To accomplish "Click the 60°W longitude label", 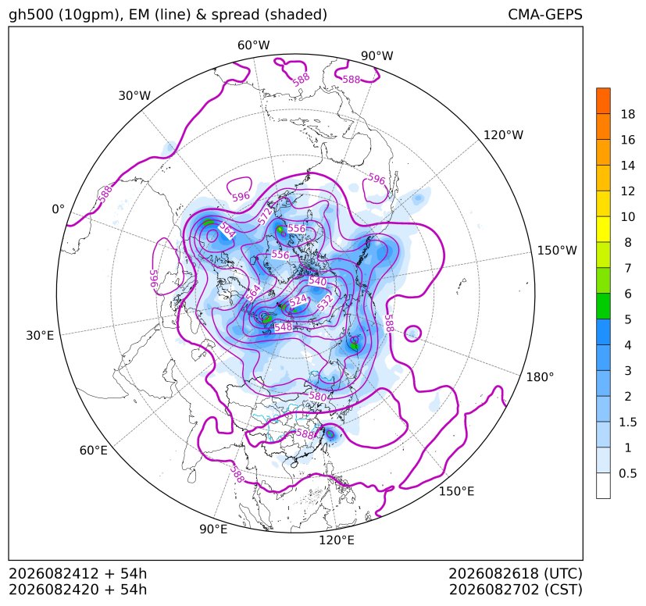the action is (x=253, y=45).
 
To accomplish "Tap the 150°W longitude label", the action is (x=557, y=251).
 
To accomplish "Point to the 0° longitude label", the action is (x=58, y=209).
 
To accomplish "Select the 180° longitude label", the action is (x=540, y=377).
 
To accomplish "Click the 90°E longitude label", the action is (x=213, y=529).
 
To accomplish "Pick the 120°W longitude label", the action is (x=503, y=135).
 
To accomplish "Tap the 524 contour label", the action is (x=298, y=301).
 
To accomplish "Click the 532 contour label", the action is (x=325, y=303).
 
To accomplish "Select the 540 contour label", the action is (x=318, y=281).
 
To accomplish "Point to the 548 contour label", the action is (x=284, y=327).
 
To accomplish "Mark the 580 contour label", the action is (x=318, y=397).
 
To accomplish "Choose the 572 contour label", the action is (x=266, y=216).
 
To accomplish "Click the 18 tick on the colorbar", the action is (x=628, y=114).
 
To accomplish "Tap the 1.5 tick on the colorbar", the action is (x=627, y=422).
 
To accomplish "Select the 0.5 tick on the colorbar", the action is (x=627, y=473).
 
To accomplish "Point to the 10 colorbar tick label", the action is (x=628, y=216).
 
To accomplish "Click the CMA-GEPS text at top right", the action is (x=545, y=14).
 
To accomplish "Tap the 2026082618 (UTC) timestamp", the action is (x=516, y=573).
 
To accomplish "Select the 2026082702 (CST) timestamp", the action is (x=516, y=590).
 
